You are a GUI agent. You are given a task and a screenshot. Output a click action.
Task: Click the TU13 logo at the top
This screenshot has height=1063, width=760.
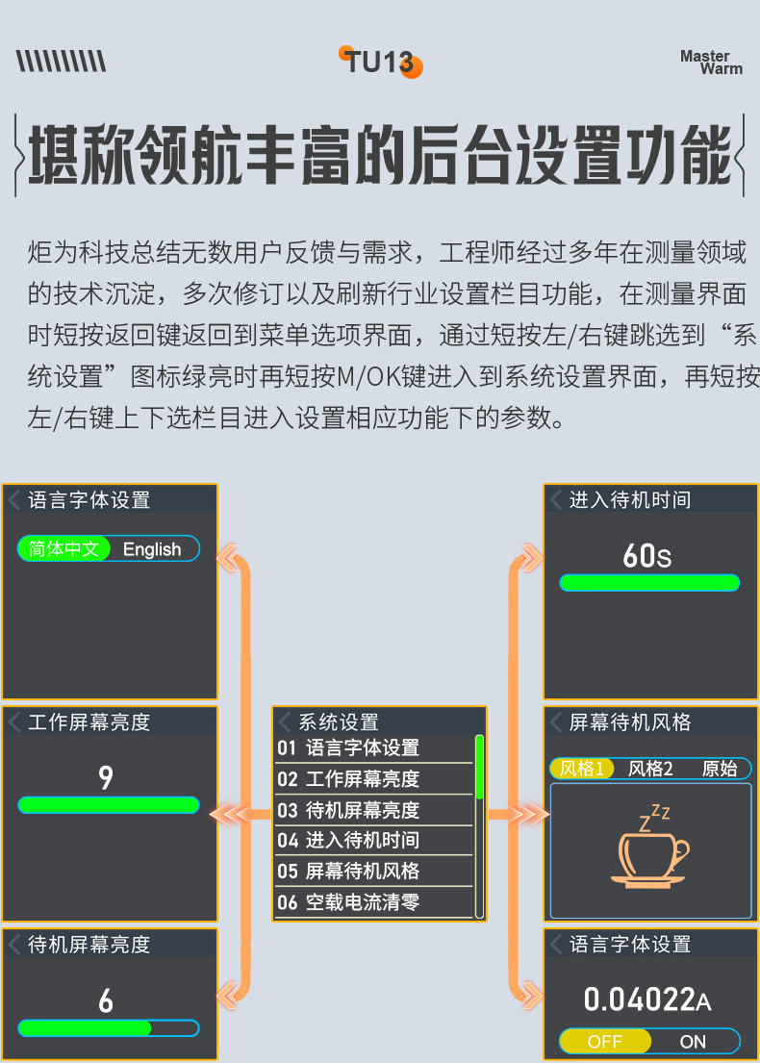(x=381, y=63)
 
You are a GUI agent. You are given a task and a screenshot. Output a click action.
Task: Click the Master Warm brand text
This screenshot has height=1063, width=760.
(x=712, y=63)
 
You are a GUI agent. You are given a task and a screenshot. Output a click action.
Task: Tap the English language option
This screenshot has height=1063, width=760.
(x=152, y=549)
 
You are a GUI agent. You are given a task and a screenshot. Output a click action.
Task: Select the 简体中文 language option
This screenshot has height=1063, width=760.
(x=64, y=549)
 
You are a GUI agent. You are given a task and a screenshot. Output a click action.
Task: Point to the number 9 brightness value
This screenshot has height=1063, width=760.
(x=106, y=777)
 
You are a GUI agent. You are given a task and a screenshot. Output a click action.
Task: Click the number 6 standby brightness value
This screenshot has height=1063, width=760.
(x=106, y=1001)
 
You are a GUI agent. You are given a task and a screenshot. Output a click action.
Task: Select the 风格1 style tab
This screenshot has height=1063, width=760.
(x=583, y=769)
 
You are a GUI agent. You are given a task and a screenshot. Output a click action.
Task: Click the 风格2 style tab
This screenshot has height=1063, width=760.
(x=650, y=769)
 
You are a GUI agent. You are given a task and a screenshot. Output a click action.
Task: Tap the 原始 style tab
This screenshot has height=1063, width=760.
(x=720, y=769)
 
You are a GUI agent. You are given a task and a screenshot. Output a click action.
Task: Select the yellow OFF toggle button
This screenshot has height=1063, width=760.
(x=605, y=1042)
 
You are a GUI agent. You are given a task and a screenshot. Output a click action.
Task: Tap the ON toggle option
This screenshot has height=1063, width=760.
(x=693, y=1042)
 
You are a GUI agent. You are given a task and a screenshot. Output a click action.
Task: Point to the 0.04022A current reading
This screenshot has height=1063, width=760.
(x=646, y=1000)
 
